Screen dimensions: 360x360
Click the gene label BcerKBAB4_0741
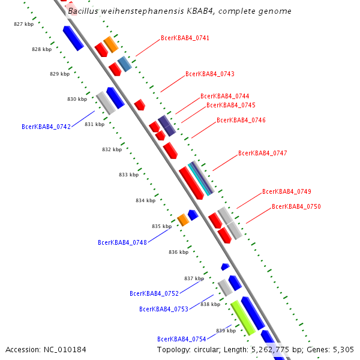185,38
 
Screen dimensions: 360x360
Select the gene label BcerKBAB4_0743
209,74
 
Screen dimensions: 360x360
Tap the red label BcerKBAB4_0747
262,154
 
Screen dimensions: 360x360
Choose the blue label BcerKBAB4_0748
122,243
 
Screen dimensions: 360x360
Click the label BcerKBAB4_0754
182,340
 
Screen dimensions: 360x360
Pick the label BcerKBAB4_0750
296,206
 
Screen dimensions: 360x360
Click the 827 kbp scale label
23,24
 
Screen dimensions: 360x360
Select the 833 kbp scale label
128,175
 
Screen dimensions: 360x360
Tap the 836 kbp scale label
178,252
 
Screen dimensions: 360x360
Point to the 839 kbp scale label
226,331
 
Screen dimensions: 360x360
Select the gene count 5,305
344,350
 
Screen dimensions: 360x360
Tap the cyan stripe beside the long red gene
201,178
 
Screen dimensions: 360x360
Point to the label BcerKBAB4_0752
154,294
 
